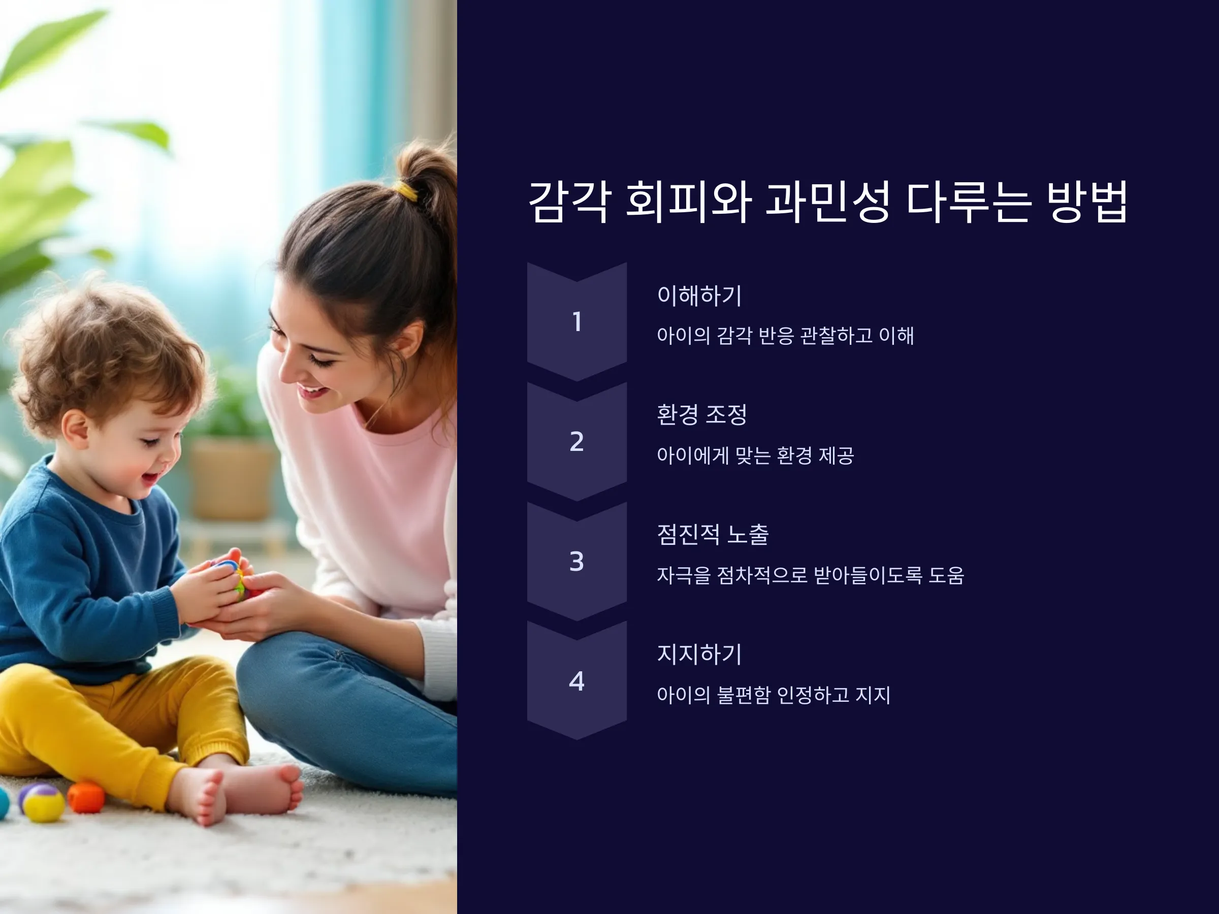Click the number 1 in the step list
(x=577, y=322)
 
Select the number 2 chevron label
(x=576, y=441)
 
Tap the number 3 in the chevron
(x=576, y=562)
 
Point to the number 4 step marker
(x=576, y=681)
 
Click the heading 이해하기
(x=699, y=296)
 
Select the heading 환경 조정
(x=702, y=415)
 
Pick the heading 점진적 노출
(x=713, y=534)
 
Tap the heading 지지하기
(x=699, y=654)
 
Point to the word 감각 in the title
(x=569, y=202)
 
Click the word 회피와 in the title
(x=688, y=202)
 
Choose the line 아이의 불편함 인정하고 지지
(x=774, y=695)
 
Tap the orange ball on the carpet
(x=86, y=797)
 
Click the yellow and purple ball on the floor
(x=43, y=802)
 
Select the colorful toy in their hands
(x=234, y=578)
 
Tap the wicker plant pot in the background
(x=232, y=479)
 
